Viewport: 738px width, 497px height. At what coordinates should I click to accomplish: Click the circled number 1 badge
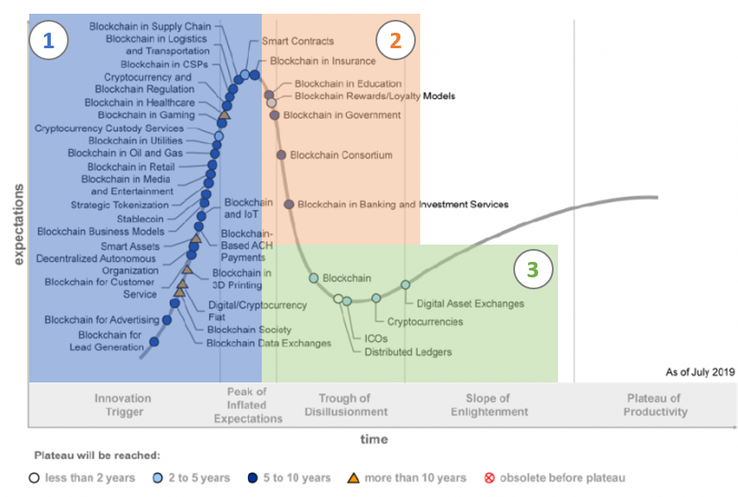[x=49, y=40]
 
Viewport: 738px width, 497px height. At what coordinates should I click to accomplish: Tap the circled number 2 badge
[x=395, y=40]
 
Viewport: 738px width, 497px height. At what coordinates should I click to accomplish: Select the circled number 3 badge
[x=533, y=269]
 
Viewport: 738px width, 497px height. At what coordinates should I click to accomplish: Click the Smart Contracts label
[x=297, y=41]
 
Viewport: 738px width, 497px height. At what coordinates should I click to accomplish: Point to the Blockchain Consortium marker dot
[x=282, y=155]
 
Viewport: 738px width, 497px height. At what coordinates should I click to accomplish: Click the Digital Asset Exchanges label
[x=470, y=303]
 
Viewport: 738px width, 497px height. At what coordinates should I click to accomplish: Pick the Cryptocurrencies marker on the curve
[x=376, y=298]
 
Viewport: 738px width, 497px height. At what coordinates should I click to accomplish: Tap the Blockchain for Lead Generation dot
[x=154, y=342]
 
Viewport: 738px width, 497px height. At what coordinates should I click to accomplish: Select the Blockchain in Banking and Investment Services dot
[x=289, y=204]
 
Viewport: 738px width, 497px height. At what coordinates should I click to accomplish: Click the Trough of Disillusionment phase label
[x=344, y=405]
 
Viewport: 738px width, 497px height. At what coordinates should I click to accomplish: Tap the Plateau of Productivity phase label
[x=656, y=405]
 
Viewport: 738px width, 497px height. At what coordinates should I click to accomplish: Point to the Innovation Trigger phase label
[x=122, y=405]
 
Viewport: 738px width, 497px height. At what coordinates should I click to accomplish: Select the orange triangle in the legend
[x=353, y=477]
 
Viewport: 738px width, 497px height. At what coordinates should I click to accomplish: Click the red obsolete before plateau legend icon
[x=489, y=477]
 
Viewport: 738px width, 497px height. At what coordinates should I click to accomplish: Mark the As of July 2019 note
[x=699, y=373]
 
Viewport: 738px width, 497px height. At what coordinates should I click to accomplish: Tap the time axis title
[x=374, y=439]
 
